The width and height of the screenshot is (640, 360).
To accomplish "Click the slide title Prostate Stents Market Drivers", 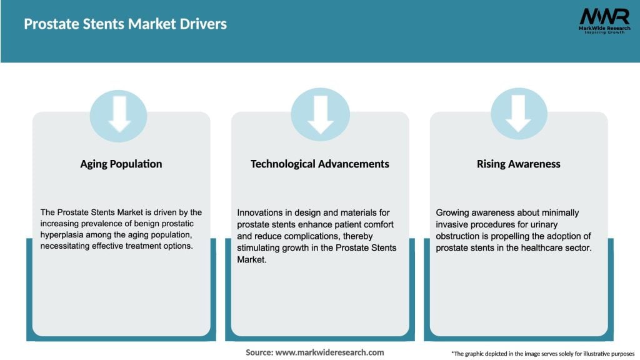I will click(x=125, y=24).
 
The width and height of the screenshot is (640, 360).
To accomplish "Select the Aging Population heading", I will click(x=121, y=164).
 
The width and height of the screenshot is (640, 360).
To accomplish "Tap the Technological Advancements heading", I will click(x=319, y=164).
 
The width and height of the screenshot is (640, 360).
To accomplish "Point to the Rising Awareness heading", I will click(x=518, y=164).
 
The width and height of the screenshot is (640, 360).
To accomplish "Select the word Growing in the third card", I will click(x=453, y=213).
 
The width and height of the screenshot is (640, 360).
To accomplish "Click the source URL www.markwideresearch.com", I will click(x=329, y=352).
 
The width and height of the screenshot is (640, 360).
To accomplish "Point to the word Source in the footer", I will click(x=259, y=352).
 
